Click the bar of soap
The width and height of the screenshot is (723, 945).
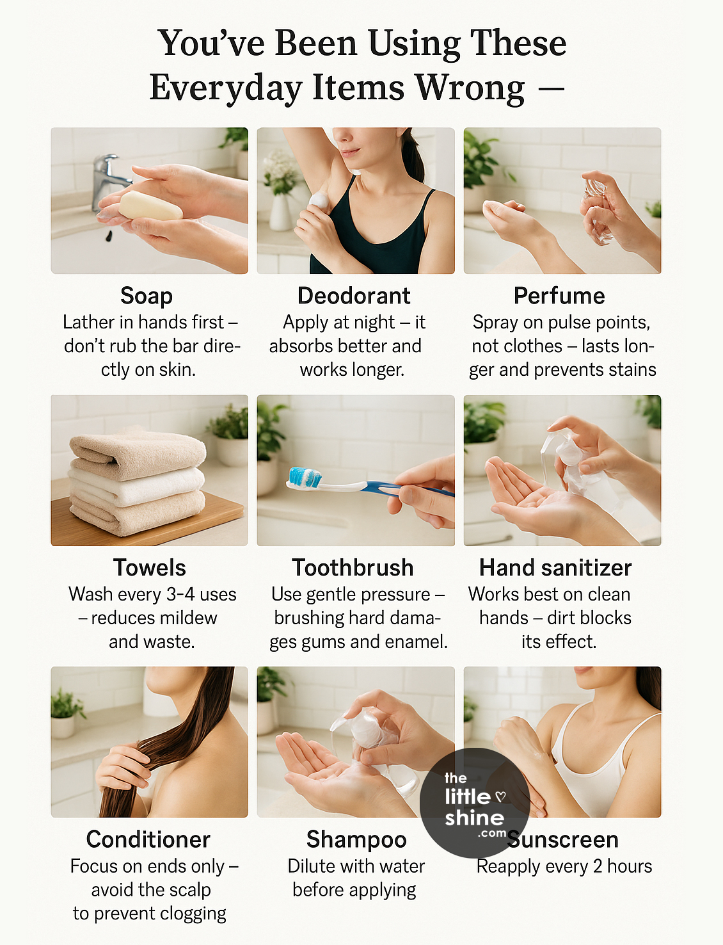151,206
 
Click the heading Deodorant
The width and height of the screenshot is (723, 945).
354,296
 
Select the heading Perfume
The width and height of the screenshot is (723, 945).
559,296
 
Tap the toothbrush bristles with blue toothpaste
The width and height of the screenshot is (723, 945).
305,477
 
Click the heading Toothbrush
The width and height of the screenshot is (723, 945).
353,568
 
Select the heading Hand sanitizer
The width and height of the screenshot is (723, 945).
555,568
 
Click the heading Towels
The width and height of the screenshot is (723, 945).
150,568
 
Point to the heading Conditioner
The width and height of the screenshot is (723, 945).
148,839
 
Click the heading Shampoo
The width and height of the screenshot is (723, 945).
356,839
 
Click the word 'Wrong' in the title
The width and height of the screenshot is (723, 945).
470,87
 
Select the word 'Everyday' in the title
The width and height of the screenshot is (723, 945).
226,88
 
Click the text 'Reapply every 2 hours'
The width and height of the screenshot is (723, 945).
564,866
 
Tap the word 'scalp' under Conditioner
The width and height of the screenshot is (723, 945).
191,890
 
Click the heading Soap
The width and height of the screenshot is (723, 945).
147,296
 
